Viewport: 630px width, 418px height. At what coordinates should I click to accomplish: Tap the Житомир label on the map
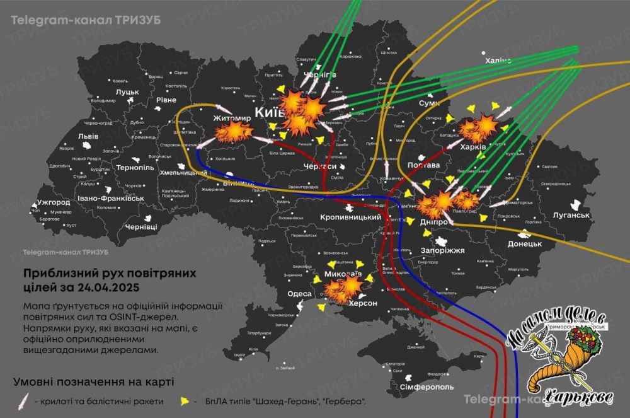tap(214, 117)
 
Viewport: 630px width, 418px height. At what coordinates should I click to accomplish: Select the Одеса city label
tap(299, 294)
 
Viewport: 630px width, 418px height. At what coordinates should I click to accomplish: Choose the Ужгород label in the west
tap(54, 203)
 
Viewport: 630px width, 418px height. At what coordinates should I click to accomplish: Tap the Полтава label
tap(423, 165)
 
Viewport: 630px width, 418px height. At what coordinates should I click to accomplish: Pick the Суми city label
tap(430, 102)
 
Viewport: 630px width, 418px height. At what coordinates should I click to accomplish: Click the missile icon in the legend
tap(25, 400)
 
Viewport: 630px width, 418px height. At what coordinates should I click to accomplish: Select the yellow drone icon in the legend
tap(185, 400)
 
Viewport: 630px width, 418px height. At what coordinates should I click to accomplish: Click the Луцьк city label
tap(127, 92)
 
